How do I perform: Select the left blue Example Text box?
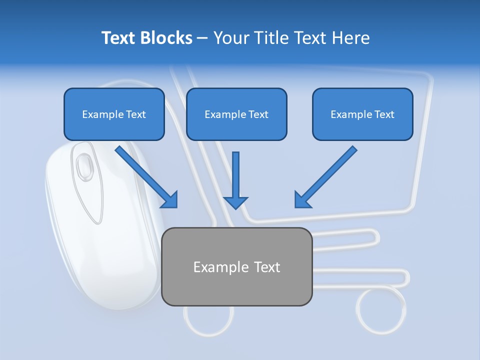114,114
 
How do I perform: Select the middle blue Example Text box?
236,114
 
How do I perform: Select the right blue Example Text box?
362,114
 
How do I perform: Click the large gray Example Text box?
236,266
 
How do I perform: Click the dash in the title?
202,38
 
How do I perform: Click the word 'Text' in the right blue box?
384,114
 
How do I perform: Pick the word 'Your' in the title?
230,38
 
